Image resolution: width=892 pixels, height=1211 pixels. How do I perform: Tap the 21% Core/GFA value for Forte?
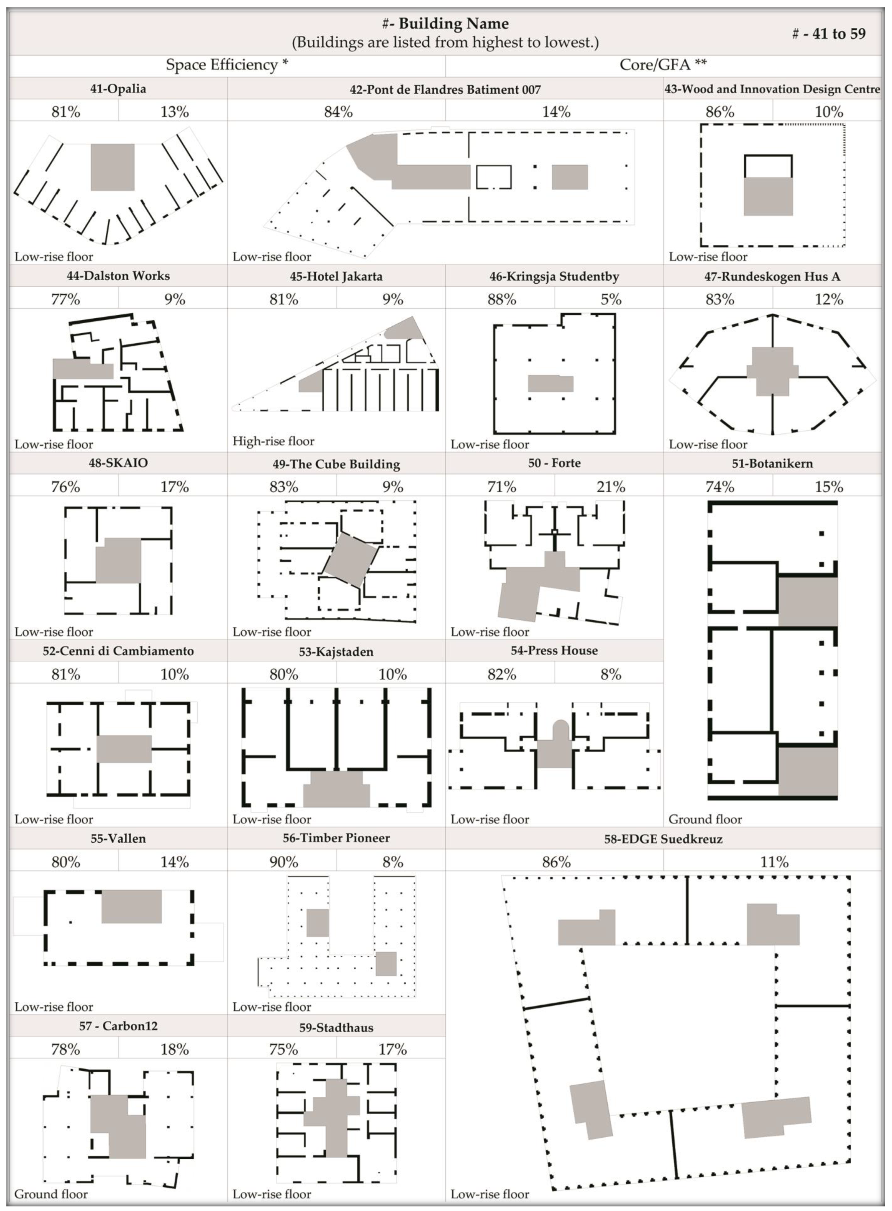click(611, 487)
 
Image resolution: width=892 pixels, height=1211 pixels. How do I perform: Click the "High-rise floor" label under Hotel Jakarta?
click(273, 441)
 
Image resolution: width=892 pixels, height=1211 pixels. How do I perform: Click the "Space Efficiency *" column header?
click(227, 65)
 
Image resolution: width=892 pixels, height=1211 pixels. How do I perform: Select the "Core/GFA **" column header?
click(663, 65)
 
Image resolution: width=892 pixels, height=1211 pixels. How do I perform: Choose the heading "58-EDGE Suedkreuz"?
click(663, 839)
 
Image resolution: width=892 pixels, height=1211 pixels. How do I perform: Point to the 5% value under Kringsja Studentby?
click(611, 299)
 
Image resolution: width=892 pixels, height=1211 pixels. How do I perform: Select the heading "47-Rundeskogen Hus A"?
click(772, 277)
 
